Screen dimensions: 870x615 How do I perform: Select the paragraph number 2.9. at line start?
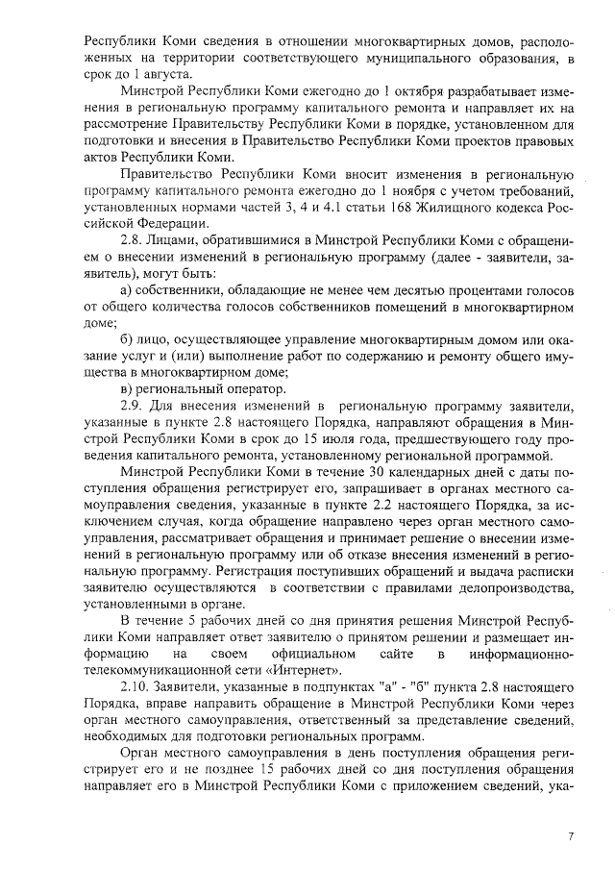pos(133,406)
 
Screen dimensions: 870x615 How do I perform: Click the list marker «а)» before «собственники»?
pos(126,289)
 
